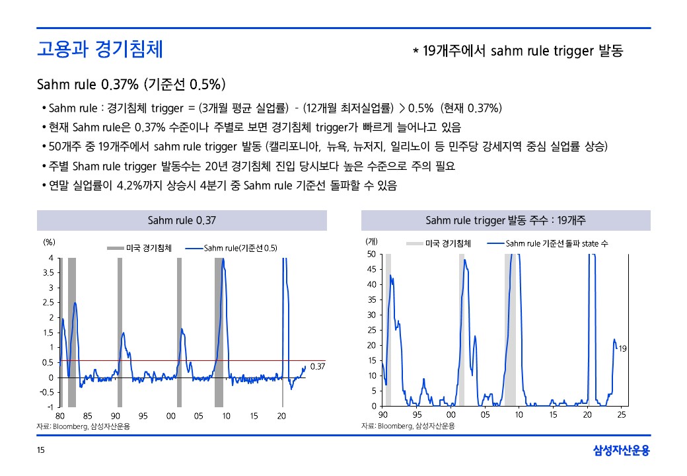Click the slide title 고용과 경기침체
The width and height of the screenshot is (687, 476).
coord(100,50)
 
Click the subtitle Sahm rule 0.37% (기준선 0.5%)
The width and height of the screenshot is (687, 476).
coord(131,85)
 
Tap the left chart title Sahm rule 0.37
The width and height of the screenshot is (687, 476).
coord(182,220)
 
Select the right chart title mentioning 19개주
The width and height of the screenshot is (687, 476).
coord(506,220)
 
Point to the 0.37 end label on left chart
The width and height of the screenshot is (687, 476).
coord(318,366)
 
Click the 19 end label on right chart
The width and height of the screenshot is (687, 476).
coord(622,348)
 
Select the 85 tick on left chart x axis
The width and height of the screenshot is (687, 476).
coord(88,416)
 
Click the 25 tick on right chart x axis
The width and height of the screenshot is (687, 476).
coord(622,415)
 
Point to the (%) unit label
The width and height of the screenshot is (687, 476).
coord(49,242)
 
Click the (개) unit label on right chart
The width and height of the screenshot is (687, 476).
coord(371,242)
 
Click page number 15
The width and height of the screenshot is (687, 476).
coord(41,451)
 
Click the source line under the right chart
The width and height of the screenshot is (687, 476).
coord(408,426)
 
